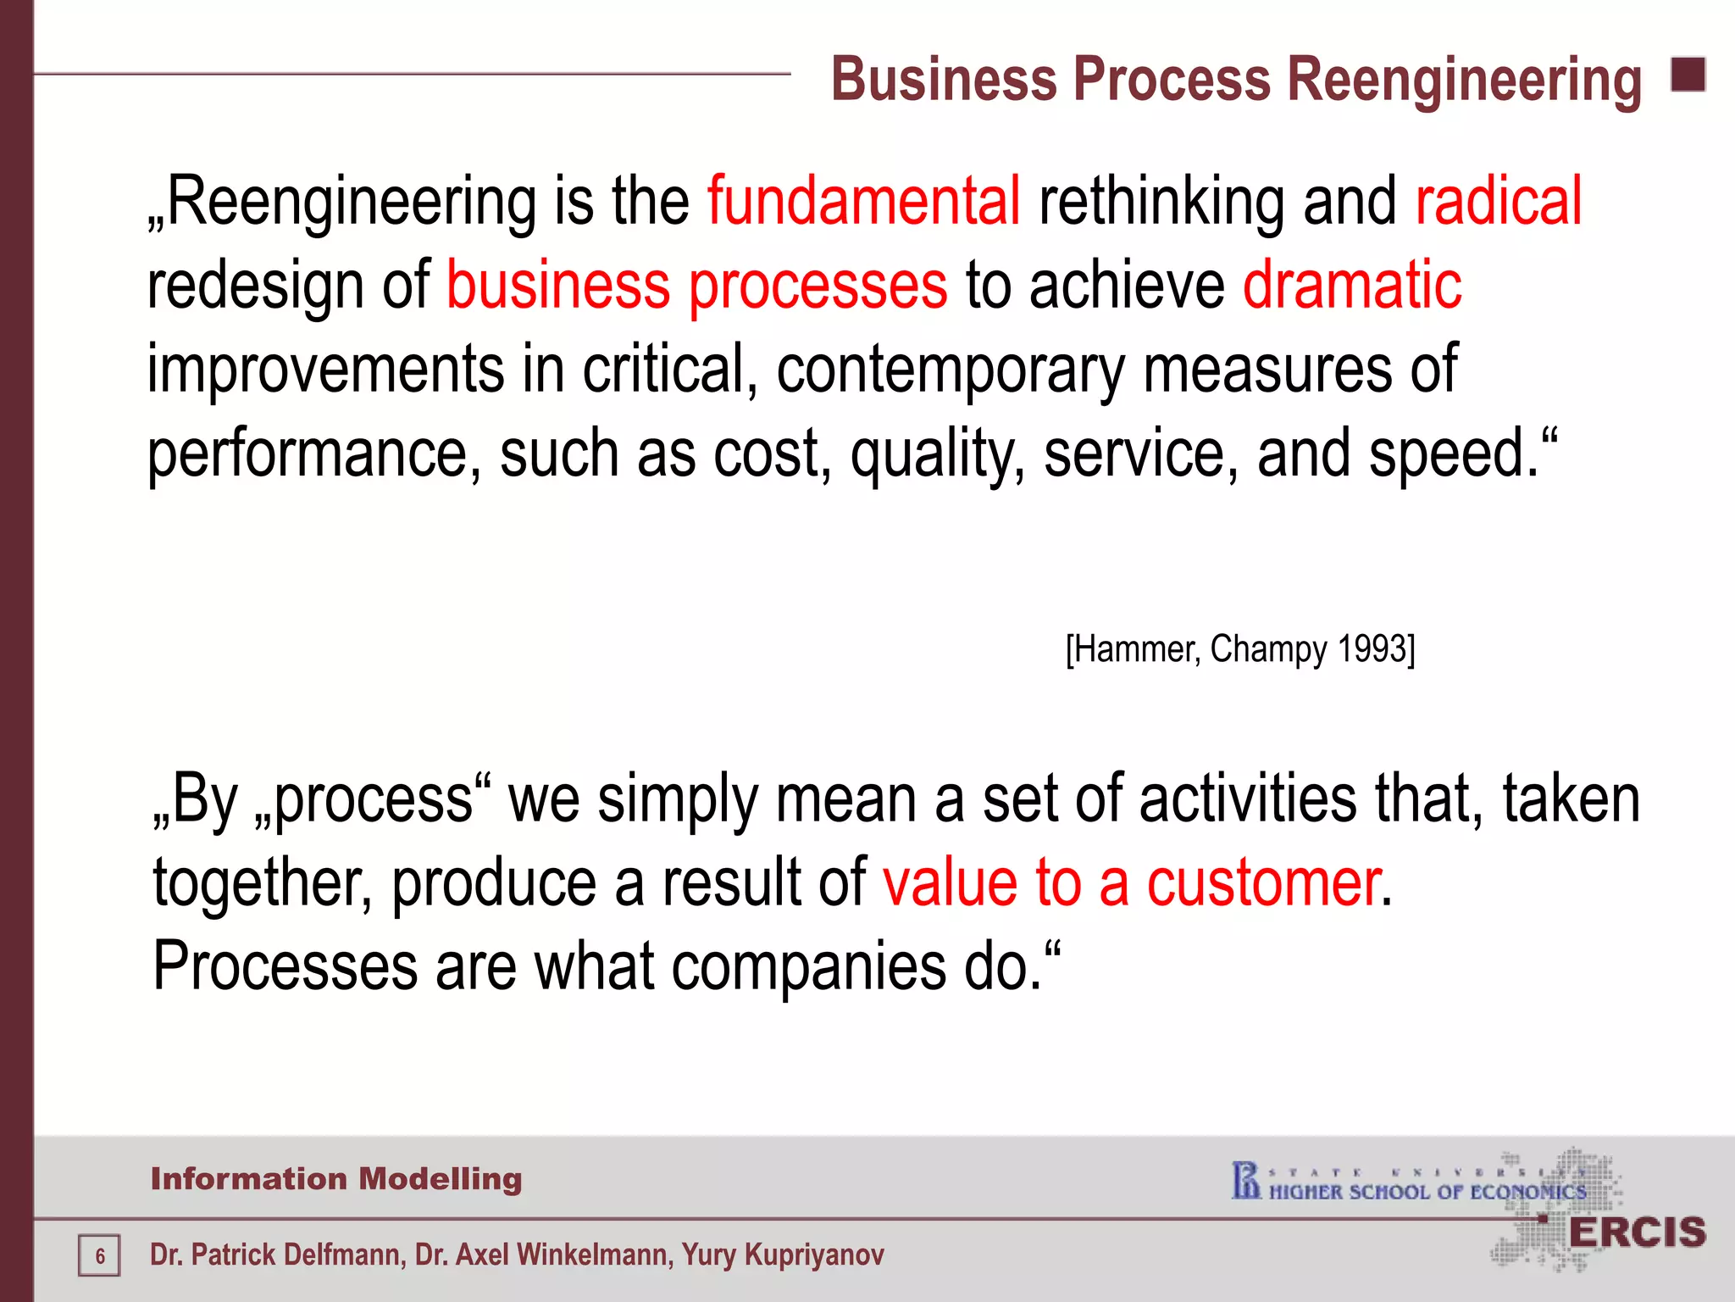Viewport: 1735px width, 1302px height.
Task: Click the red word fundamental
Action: click(863, 201)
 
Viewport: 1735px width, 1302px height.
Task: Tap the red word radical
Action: click(1498, 201)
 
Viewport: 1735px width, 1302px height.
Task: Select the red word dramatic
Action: click(1352, 285)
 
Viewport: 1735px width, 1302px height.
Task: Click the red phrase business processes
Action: click(696, 285)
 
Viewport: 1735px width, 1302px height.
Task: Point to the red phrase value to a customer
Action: click(1132, 883)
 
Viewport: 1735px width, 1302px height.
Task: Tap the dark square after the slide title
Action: click(1688, 75)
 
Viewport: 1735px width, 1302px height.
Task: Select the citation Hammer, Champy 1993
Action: click(1240, 649)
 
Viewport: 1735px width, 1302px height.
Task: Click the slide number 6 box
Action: click(99, 1255)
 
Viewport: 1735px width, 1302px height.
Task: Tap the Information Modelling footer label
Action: click(336, 1179)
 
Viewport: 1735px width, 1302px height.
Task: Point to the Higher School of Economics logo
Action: click(1410, 1183)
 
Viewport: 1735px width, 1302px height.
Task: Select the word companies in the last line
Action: click(808, 966)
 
